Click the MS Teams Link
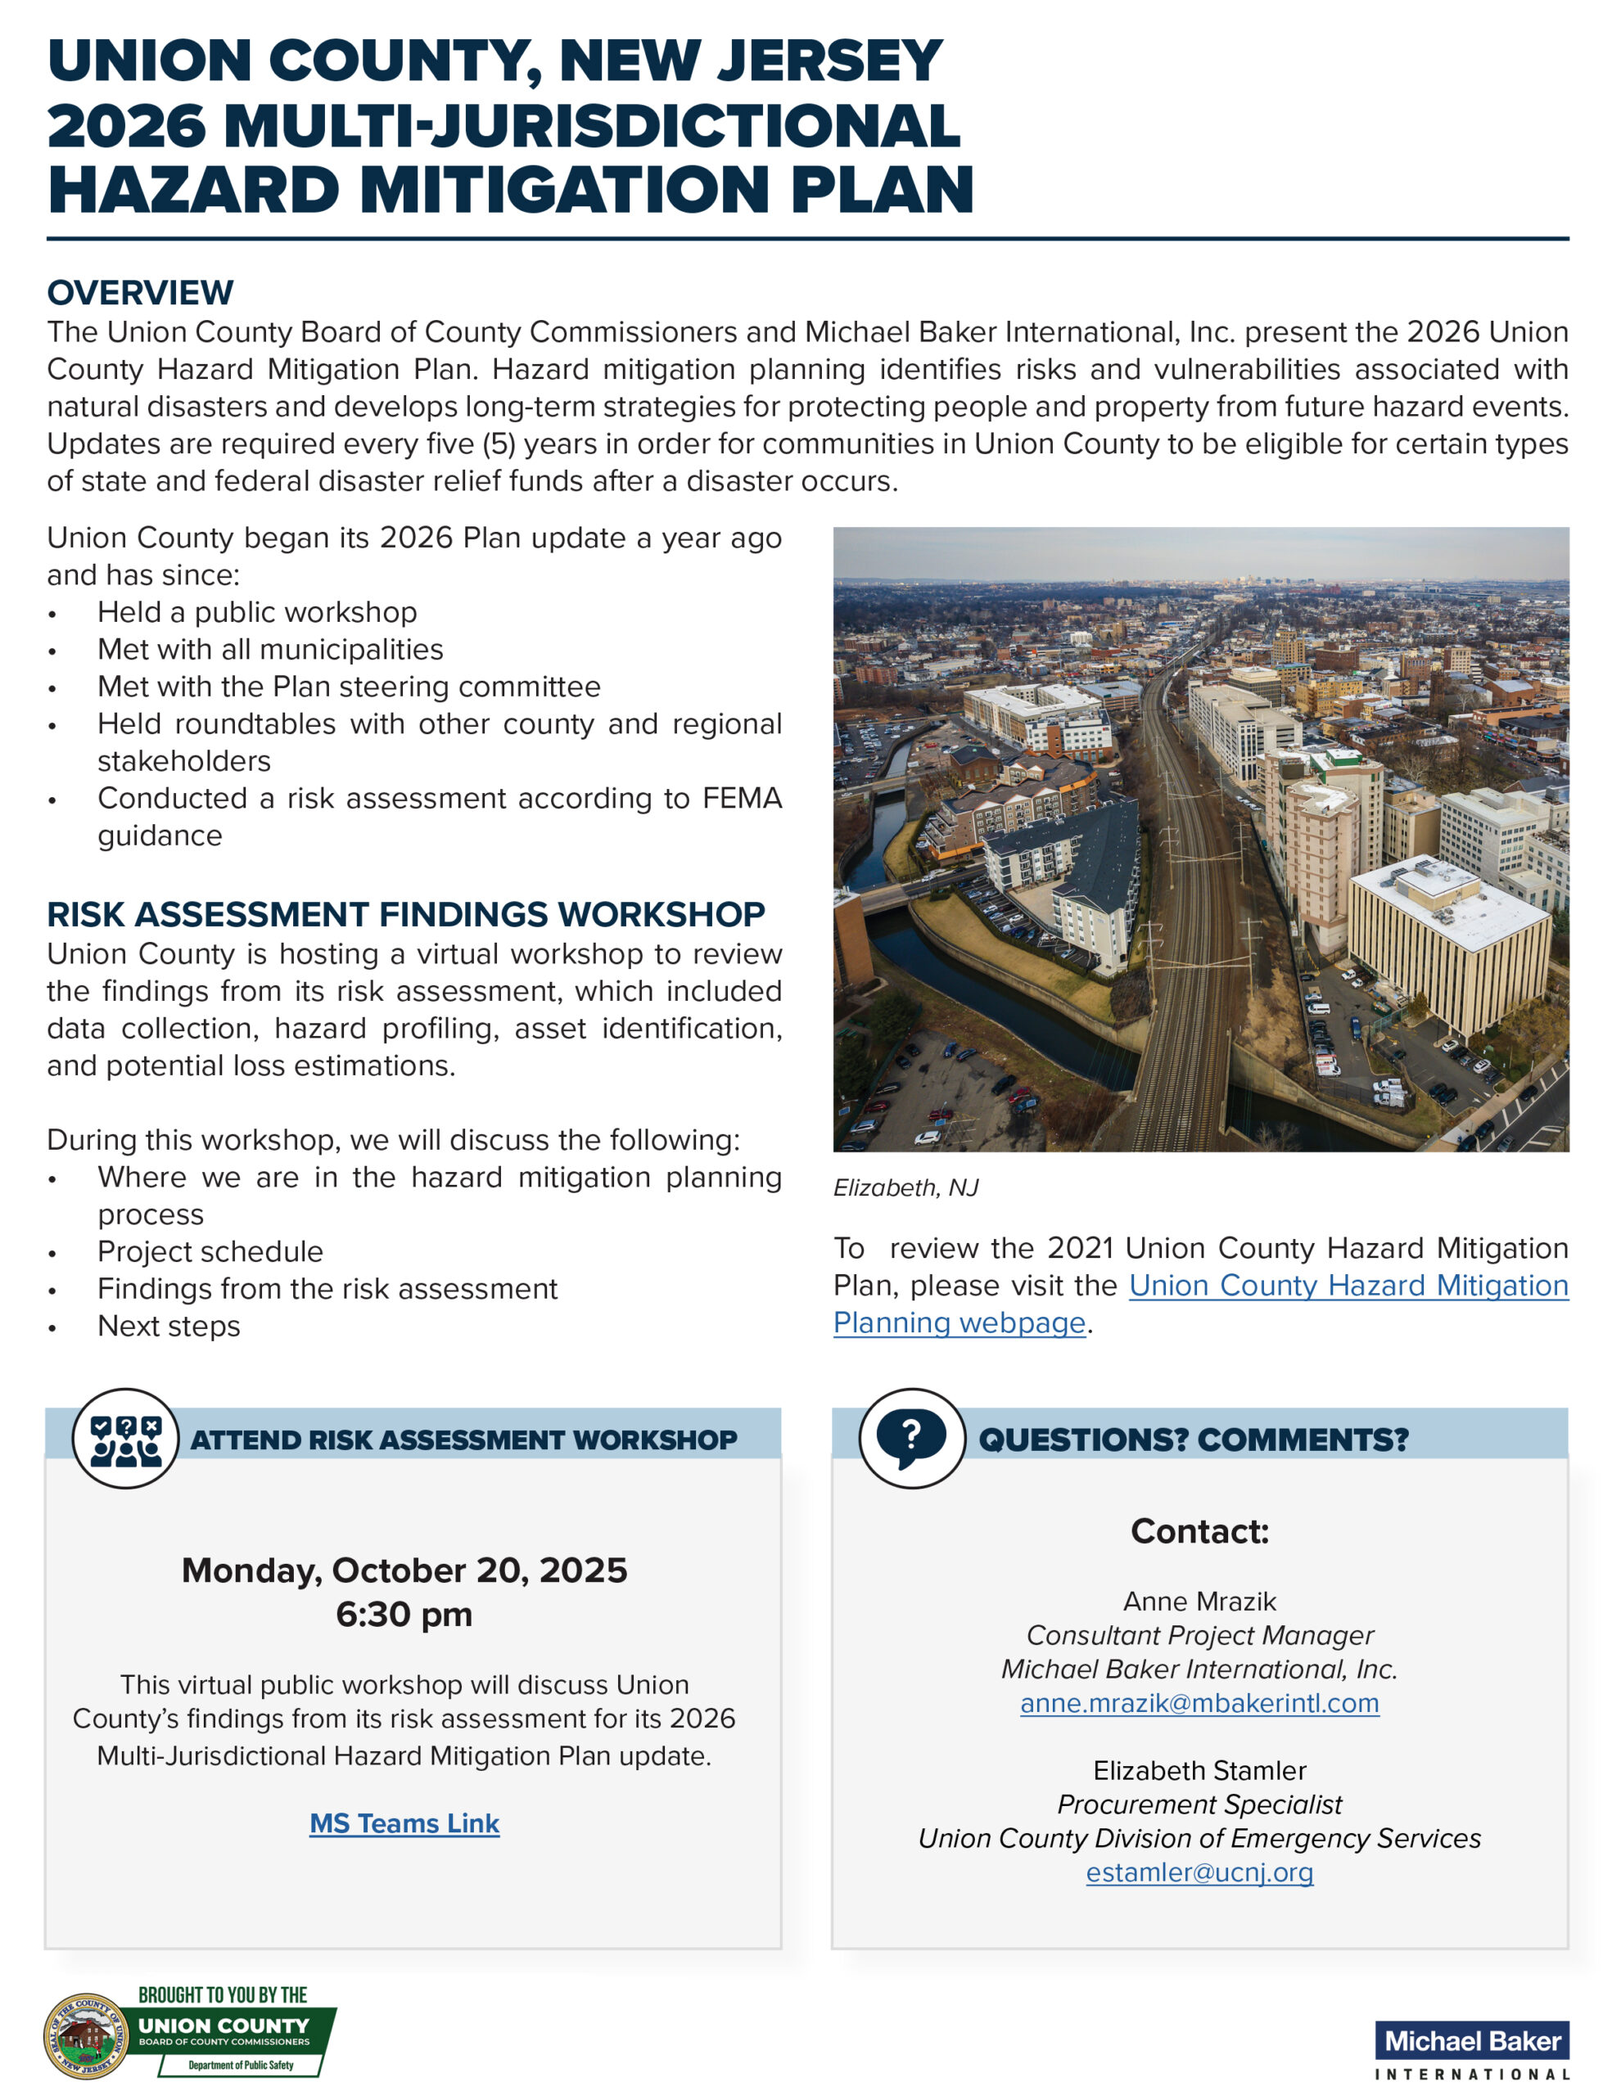pos(404,1823)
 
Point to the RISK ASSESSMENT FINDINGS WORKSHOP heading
pos(406,914)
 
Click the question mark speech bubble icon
pos(911,1439)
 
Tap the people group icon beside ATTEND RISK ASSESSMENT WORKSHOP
pos(126,1439)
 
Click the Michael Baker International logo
pos(1472,2049)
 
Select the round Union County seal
pos(86,2036)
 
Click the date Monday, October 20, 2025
pos(404,1570)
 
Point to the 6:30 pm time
pos(404,1615)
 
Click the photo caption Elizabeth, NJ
pos(905,1187)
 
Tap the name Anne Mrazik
pos(1199,1601)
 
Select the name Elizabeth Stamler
pos(1199,1770)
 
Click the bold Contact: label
pos(1199,1531)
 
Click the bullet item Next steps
pos(169,1326)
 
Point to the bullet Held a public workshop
pos(257,612)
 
